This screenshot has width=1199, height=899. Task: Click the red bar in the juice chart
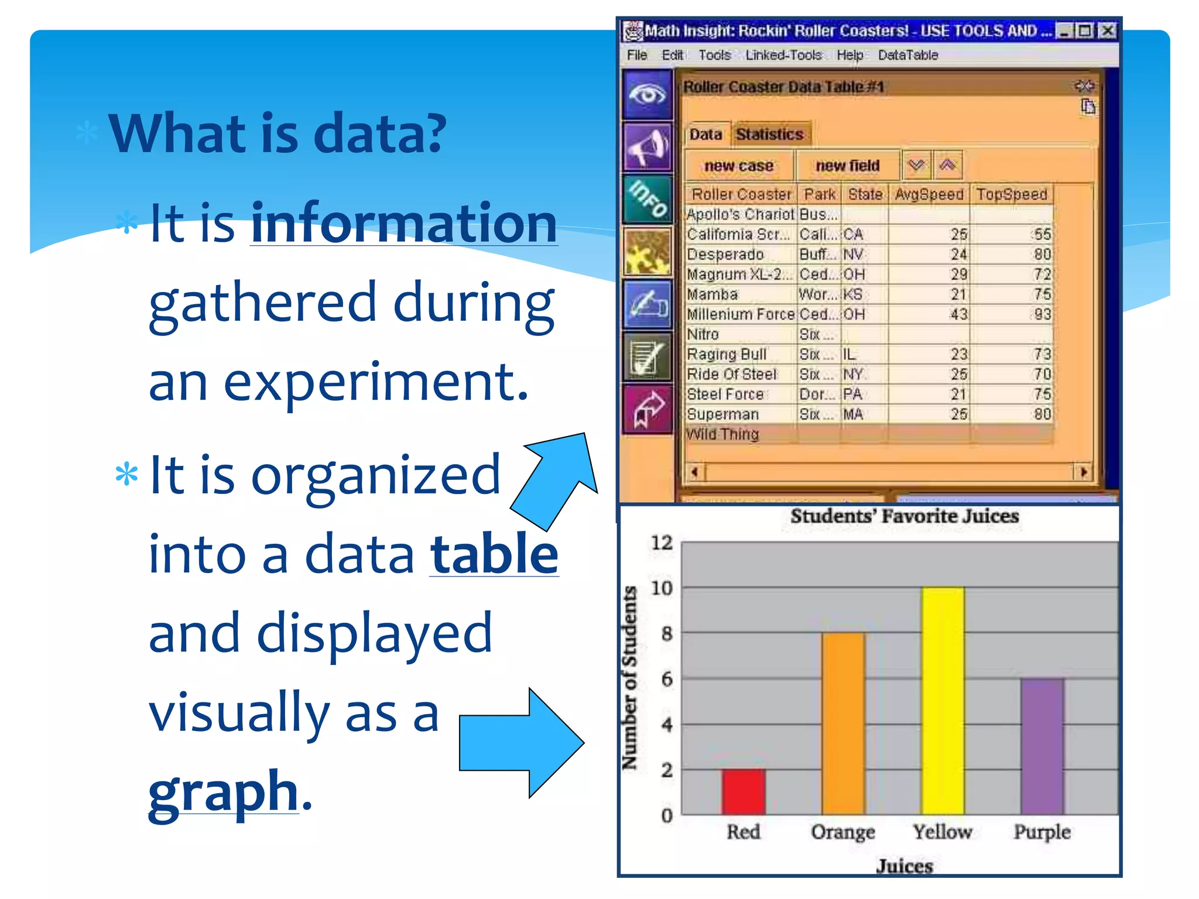point(743,791)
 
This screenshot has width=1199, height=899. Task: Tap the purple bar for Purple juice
point(1042,746)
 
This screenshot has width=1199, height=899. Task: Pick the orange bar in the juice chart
point(843,723)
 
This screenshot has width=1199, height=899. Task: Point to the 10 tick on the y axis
point(662,588)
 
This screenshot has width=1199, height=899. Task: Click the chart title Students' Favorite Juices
point(905,516)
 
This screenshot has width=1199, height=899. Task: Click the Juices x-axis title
point(905,866)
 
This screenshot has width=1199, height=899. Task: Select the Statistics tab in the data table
point(770,135)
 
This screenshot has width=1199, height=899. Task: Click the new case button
point(739,166)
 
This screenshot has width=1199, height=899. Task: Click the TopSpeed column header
point(1012,194)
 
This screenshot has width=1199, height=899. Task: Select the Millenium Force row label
point(741,314)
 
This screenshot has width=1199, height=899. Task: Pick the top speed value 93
point(1042,314)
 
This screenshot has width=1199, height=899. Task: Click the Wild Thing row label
point(723,434)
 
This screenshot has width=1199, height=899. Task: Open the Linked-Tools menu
point(783,55)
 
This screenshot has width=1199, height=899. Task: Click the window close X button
point(1107,30)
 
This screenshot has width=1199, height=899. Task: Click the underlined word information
point(404,223)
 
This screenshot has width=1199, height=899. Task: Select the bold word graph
point(224,791)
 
